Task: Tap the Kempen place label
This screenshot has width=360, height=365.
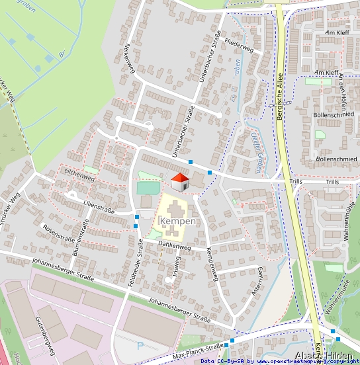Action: tap(177, 221)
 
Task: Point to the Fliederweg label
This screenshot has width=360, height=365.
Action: tap(239, 48)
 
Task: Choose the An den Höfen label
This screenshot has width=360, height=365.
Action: tap(342, 93)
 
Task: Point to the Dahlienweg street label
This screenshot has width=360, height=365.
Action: tap(175, 245)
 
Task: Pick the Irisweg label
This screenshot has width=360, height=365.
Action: tap(176, 267)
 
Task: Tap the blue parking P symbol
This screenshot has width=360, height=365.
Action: tap(140, 345)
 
